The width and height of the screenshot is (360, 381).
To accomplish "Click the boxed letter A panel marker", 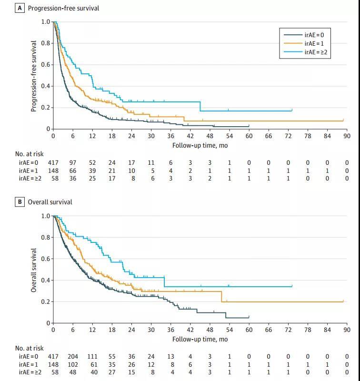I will click(x=20, y=8).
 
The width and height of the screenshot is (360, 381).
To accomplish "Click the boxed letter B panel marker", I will click(x=20, y=202).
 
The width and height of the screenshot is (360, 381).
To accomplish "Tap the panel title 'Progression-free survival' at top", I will click(x=63, y=8).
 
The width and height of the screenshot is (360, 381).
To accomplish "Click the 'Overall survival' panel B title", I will click(x=50, y=202).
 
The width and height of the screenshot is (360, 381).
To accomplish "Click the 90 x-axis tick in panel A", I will click(x=347, y=136).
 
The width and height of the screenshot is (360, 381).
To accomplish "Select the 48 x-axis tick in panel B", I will click(x=210, y=330).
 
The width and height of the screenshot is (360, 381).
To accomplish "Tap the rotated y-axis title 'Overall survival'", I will click(x=34, y=270).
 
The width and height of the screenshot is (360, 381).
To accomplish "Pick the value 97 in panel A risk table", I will click(x=73, y=162).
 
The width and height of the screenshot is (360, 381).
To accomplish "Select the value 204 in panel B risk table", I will click(x=73, y=356).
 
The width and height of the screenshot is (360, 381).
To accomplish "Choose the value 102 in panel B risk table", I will click(x=73, y=364).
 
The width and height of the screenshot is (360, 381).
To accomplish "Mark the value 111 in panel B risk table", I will click(x=92, y=356).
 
